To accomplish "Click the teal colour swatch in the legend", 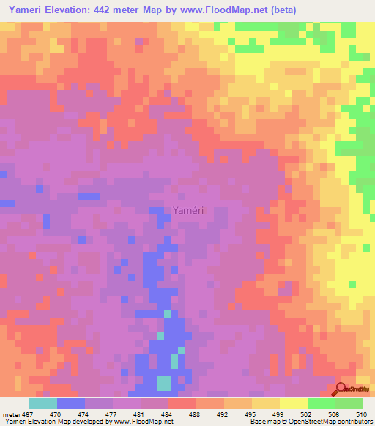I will [42, 403].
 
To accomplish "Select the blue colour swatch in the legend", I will [71, 403].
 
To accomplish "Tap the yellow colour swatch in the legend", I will [294, 403].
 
